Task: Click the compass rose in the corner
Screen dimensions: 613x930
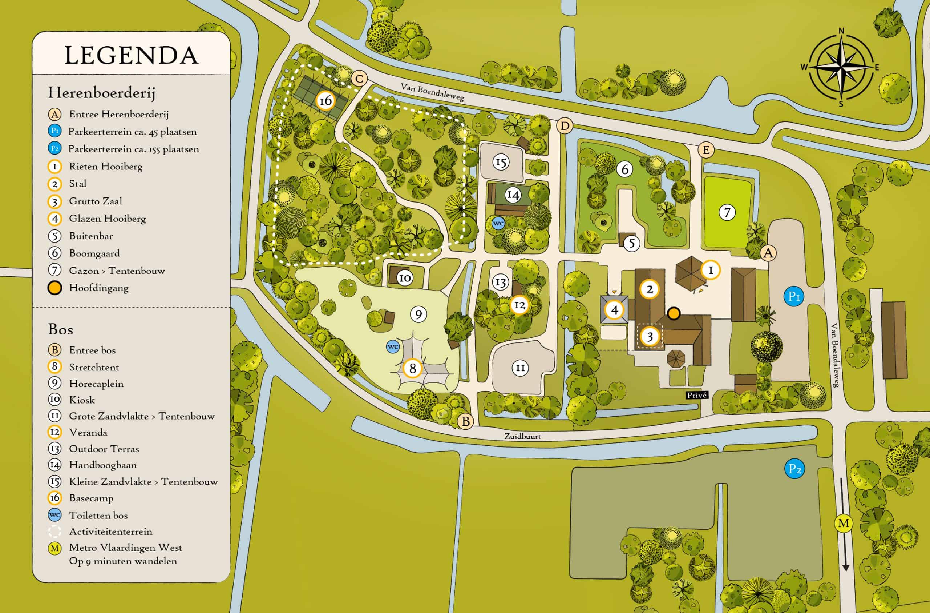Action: (841, 67)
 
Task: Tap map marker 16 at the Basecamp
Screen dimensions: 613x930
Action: (325, 101)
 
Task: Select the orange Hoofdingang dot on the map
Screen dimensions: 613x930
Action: (674, 313)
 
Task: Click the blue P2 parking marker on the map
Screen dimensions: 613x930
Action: (795, 469)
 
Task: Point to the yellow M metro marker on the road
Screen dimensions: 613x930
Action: (843, 523)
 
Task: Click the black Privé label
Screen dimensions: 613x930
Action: (697, 395)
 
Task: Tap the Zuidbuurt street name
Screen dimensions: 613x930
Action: (522, 437)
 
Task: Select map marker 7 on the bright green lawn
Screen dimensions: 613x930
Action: (727, 212)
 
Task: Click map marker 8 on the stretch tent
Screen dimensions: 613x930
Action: (412, 368)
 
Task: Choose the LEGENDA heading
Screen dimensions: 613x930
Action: (131, 56)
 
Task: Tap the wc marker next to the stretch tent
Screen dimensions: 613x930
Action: (393, 346)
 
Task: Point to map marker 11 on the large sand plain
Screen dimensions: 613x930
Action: (520, 368)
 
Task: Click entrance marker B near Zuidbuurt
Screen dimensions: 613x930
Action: (465, 421)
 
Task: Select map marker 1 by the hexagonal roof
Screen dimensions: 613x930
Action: (710, 270)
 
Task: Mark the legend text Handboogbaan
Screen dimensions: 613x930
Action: (103, 465)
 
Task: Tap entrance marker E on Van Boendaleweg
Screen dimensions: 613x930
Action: (706, 150)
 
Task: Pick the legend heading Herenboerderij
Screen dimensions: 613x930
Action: (102, 93)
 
